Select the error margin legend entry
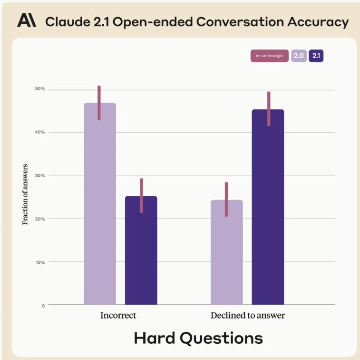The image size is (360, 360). (269, 56)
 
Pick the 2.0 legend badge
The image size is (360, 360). (299, 56)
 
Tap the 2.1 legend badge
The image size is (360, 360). (316, 56)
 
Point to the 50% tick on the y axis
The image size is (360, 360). (39, 89)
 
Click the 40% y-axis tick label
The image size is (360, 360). (39, 132)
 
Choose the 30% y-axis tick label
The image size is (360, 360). (39, 176)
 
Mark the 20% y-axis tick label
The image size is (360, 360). (39, 219)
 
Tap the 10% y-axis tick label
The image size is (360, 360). (39, 262)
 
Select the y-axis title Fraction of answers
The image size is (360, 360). (26, 194)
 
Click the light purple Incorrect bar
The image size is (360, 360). (100, 205)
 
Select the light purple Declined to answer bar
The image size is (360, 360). (226, 252)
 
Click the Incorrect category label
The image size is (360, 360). (118, 316)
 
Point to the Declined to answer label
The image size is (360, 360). (248, 316)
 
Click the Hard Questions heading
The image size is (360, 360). (198, 338)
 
